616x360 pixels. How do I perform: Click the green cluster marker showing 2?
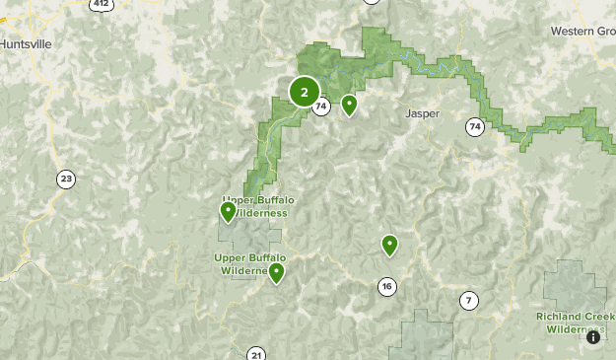pyautogui.click(x=305, y=93)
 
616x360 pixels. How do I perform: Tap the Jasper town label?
pyautogui.click(x=422, y=113)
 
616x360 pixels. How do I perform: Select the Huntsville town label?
pyautogui.click(x=27, y=44)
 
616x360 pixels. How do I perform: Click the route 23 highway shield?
pyautogui.click(x=66, y=179)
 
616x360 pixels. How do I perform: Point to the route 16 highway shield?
pyautogui.click(x=386, y=287)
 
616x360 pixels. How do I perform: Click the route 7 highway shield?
pyautogui.click(x=468, y=300)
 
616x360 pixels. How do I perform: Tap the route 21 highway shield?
pyautogui.click(x=257, y=354)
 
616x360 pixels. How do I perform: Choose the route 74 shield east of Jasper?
pyautogui.click(x=476, y=126)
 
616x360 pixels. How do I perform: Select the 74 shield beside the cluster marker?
pyautogui.click(x=322, y=108)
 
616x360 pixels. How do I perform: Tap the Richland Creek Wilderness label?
pyautogui.click(x=575, y=322)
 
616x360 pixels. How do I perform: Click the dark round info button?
pyautogui.click(x=592, y=337)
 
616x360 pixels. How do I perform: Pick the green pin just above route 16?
pyautogui.click(x=389, y=245)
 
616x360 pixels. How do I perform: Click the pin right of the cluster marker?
pyautogui.click(x=349, y=104)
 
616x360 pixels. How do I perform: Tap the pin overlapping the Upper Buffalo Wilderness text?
pyautogui.click(x=229, y=210)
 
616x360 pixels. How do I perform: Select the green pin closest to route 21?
pyautogui.click(x=277, y=272)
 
